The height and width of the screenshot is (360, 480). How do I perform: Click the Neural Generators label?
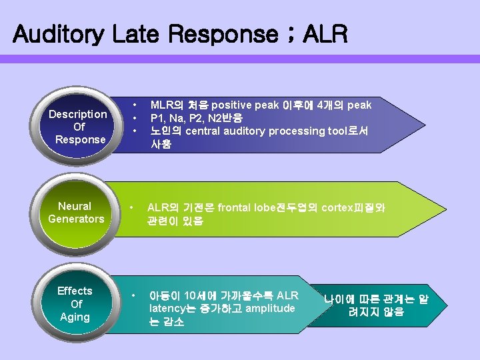pos(76,213)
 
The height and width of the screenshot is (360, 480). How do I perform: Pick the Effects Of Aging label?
pos(75,304)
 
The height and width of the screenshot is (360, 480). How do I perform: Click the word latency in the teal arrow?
pos(169,308)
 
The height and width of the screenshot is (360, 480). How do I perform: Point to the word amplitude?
pos(270,308)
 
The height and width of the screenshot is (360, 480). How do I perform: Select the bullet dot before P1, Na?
pos(135,118)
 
